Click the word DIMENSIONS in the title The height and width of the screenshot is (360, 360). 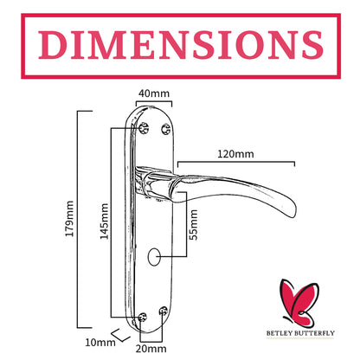click(x=181, y=45)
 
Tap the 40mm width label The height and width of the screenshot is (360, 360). click(x=154, y=93)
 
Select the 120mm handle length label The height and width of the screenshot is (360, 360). click(x=235, y=154)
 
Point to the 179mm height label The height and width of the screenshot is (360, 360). click(x=69, y=219)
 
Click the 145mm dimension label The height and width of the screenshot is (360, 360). click(x=104, y=222)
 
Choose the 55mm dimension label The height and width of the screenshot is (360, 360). click(x=193, y=225)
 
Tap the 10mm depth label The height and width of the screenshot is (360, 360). click(x=100, y=343)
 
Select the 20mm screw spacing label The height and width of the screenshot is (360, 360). click(x=151, y=349)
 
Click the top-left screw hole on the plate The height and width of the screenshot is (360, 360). click(x=144, y=128)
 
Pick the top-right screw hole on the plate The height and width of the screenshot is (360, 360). click(x=166, y=129)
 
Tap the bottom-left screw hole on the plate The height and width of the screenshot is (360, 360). click(x=142, y=317)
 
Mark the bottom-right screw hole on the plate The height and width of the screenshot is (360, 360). click(x=164, y=312)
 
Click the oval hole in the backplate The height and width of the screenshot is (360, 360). click(x=154, y=256)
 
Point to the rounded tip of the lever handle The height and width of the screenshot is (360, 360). click(x=292, y=209)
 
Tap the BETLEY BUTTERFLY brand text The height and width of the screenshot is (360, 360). click(x=300, y=333)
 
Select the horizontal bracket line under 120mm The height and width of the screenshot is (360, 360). click(x=236, y=163)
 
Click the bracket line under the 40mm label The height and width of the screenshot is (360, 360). click(x=154, y=101)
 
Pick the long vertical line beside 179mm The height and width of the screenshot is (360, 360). click(x=78, y=219)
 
